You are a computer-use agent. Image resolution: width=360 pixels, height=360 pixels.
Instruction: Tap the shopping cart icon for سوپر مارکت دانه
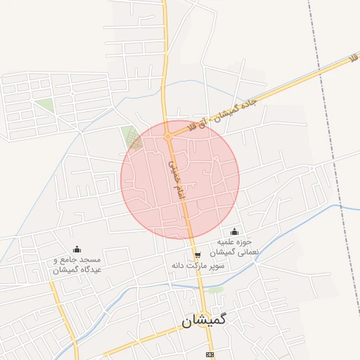198,255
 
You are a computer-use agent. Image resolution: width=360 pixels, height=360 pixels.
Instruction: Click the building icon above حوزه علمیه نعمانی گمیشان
234,232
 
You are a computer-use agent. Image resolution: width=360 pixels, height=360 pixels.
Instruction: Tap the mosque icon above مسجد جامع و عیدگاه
77,249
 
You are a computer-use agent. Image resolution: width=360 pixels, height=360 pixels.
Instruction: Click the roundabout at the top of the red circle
168,136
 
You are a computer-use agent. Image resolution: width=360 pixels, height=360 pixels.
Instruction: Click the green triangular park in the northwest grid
45,105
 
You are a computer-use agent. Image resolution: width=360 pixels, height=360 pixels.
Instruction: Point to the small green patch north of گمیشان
215,289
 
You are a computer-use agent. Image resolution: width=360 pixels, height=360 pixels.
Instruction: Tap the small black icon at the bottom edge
209,355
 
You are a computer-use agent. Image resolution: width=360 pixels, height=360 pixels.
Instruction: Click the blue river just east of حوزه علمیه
281,232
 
